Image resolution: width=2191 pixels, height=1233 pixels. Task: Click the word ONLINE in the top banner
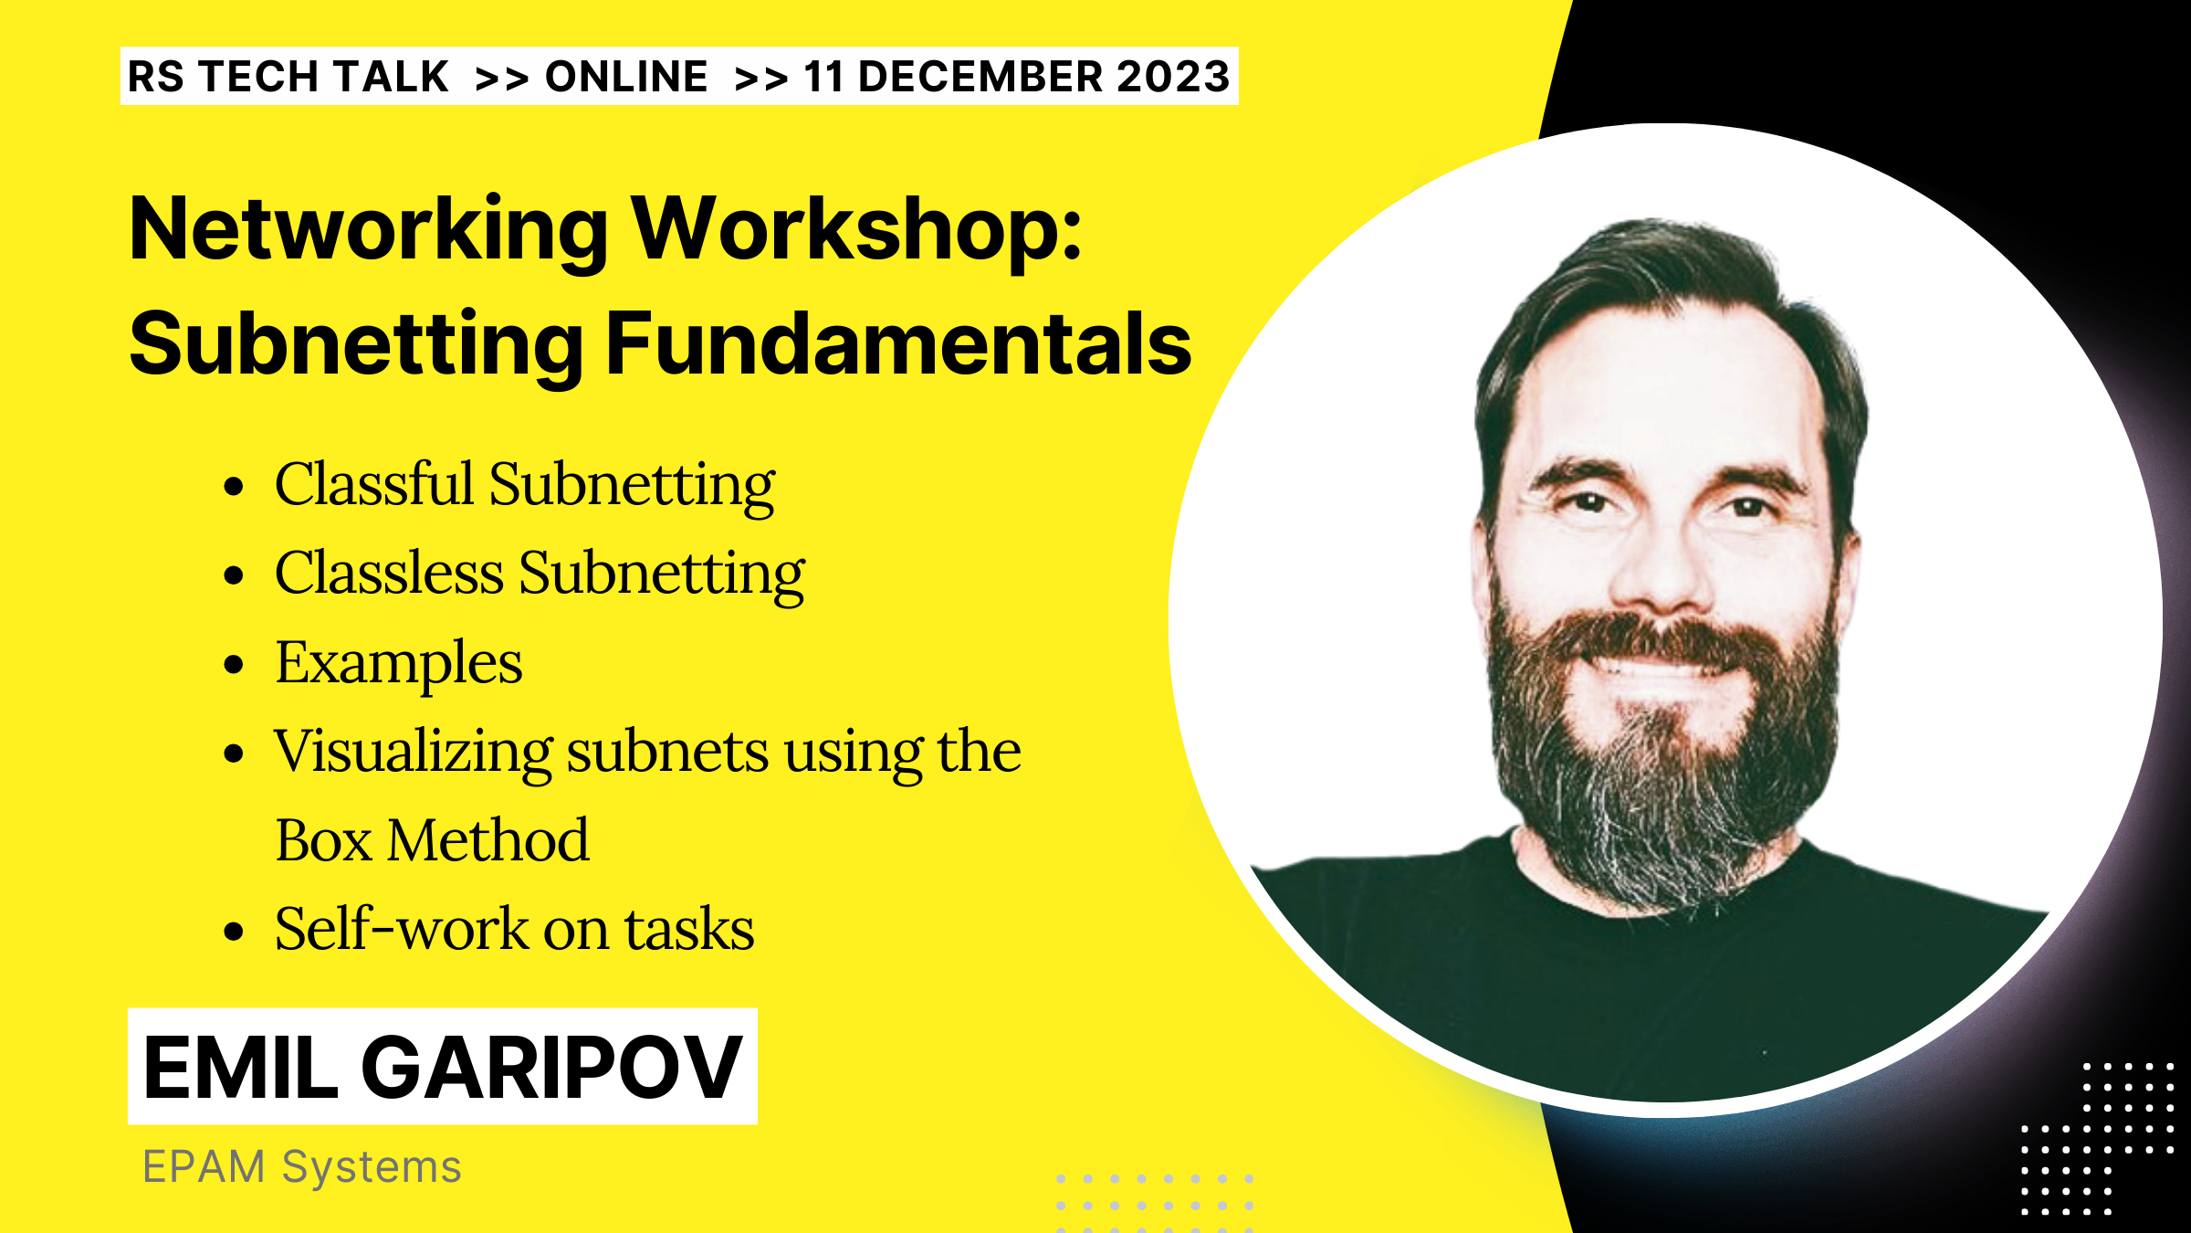tap(626, 77)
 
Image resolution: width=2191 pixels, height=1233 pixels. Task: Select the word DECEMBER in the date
tap(980, 77)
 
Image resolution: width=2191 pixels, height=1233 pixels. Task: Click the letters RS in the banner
tap(156, 77)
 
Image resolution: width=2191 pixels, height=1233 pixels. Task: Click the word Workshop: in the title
tap(858, 230)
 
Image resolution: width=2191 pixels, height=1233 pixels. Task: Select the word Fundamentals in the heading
tap(898, 344)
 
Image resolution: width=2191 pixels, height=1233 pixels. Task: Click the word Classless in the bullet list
tap(389, 574)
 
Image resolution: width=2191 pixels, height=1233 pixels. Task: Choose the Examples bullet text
tap(399, 663)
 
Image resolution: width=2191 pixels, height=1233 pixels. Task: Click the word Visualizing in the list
tap(413, 753)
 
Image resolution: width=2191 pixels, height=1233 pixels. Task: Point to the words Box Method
tap(432, 840)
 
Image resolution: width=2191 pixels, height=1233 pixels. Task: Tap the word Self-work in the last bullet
tap(401, 930)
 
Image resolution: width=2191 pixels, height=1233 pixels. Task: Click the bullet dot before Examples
tap(235, 665)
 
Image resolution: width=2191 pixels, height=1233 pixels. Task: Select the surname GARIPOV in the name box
tap(551, 1067)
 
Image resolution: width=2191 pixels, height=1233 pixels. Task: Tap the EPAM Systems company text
tap(302, 1167)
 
